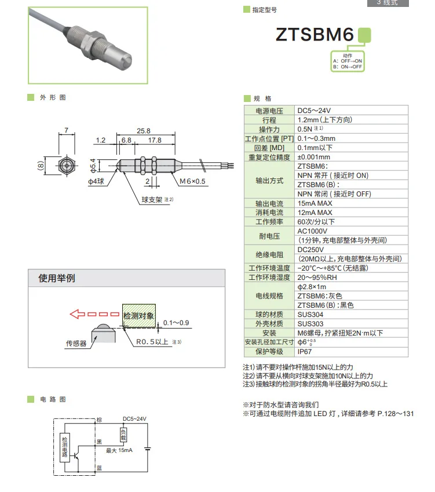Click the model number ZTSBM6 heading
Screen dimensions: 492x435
pyautogui.click(x=314, y=35)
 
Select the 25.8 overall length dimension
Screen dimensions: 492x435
pyautogui.click(x=144, y=130)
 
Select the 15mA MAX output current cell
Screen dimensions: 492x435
pyautogui.click(x=315, y=203)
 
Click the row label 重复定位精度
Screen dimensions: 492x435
pyautogui.click(x=269, y=157)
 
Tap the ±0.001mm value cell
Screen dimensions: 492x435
pyautogui.click(x=314, y=157)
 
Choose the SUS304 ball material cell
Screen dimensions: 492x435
pyautogui.click(x=310, y=314)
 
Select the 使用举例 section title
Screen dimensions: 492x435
pyautogui.click(x=57, y=278)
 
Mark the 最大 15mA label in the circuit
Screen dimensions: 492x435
pyautogui.click(x=119, y=450)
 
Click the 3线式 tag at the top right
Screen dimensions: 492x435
pyautogui.click(x=388, y=3)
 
